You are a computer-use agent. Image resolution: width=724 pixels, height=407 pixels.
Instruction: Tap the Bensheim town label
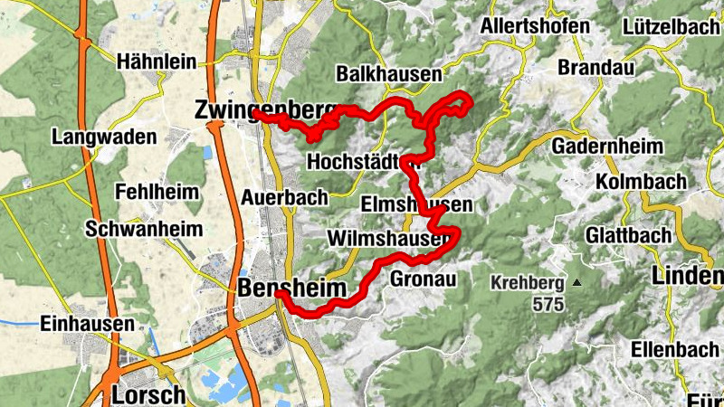292,289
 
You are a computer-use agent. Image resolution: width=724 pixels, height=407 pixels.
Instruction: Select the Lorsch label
149,394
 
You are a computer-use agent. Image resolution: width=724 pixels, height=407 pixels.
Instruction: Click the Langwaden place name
104,137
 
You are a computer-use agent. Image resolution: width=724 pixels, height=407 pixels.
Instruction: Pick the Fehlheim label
155,192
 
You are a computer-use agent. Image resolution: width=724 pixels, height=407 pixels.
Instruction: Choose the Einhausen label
88,323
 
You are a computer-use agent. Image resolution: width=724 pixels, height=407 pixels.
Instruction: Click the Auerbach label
279,196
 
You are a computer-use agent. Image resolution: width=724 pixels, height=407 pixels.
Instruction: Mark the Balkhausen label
388,73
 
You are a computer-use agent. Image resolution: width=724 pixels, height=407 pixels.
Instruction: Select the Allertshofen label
536,25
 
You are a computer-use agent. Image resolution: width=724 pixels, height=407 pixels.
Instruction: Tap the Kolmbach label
642,182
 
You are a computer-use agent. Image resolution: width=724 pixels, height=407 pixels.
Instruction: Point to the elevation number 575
548,304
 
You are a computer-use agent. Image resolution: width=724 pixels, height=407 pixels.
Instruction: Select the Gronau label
420,279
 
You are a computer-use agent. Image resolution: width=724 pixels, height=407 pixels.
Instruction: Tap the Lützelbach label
671,26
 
